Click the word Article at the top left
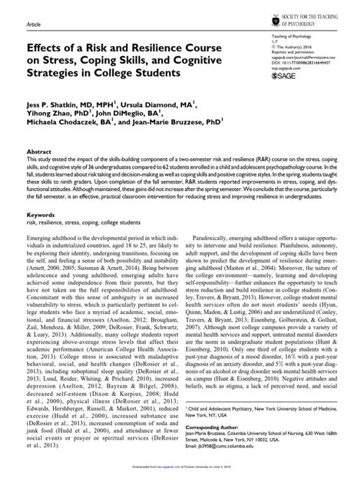point(34,24)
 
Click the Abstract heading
point(38,153)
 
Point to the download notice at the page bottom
point(181,477)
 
